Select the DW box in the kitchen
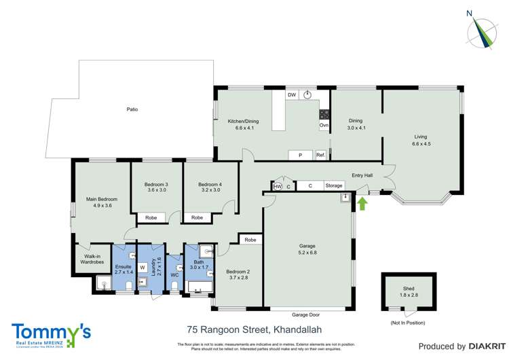coord(292,95)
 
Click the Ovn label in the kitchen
coord(324,126)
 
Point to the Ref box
coord(321,155)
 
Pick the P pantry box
coord(300,155)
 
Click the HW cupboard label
coord(278,186)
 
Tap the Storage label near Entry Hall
coord(334,185)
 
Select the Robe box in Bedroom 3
coord(151,218)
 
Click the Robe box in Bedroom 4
coord(197,218)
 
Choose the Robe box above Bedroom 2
coord(250,240)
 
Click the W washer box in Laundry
coord(143,268)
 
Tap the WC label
coord(174,275)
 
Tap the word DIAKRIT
coord(484,346)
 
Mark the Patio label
coord(132,109)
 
